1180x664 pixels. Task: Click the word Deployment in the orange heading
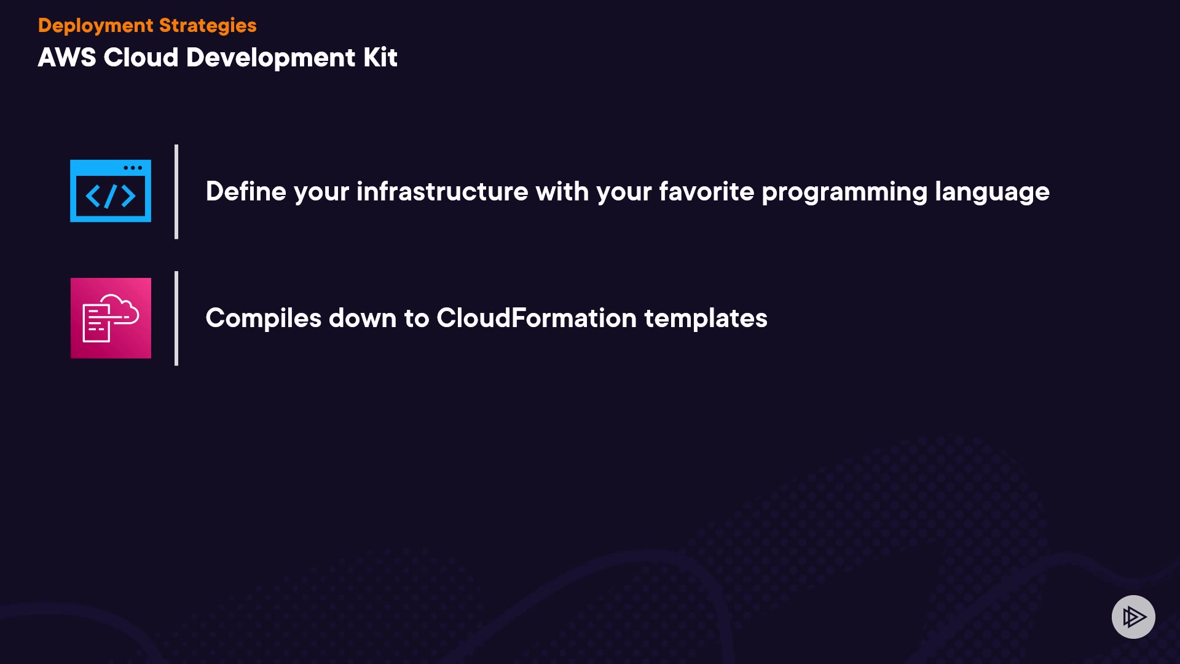[x=95, y=26]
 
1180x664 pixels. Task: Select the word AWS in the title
[x=67, y=57]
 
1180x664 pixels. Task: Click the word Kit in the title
[x=380, y=57]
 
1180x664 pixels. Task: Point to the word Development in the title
[x=270, y=58]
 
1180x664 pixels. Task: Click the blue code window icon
[x=111, y=191]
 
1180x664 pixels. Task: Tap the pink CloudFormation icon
[x=111, y=318]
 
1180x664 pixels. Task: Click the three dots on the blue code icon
[x=133, y=168]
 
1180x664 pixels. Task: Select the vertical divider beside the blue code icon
[x=176, y=192]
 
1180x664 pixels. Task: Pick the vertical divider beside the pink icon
[x=176, y=318]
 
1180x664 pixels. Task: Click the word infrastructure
[x=442, y=191]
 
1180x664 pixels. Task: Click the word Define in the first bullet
[x=246, y=191]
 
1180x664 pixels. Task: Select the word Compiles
[x=264, y=318]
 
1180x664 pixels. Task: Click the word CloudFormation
[x=537, y=318]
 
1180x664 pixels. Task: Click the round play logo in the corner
[x=1133, y=617]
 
